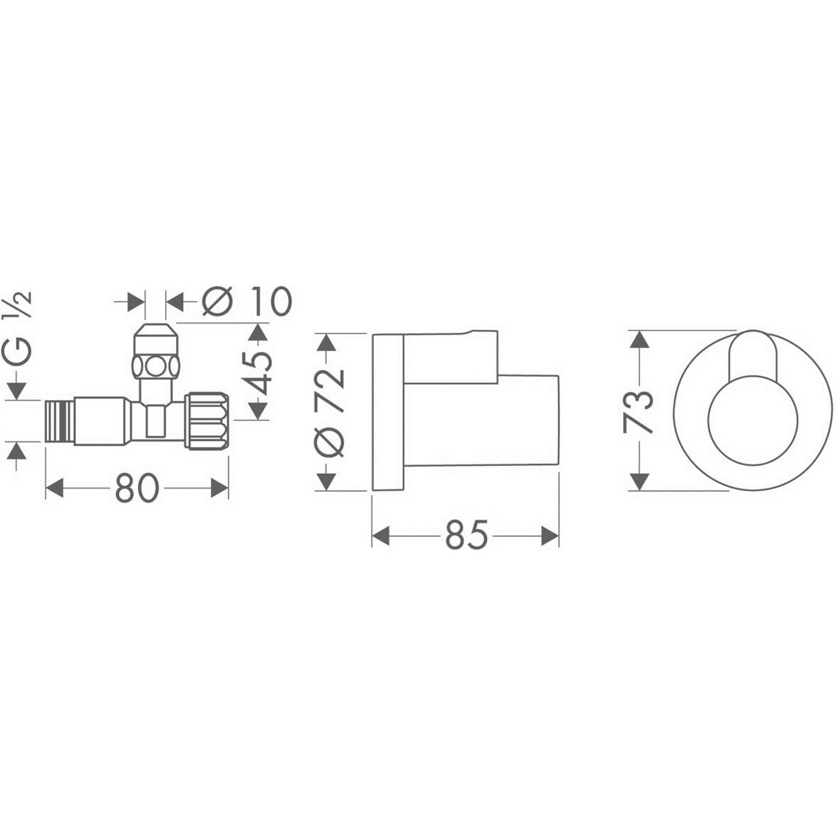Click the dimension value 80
pyautogui.click(x=137, y=489)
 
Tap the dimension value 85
pyautogui.click(x=467, y=535)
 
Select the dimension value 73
pyautogui.click(x=639, y=411)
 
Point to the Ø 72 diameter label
pyautogui.click(x=330, y=411)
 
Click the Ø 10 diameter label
pyautogui.click(x=247, y=301)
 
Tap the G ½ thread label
pyautogui.click(x=20, y=329)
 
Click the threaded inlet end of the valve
pyautogui.click(x=59, y=421)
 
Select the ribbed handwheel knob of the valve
pyautogui.click(x=207, y=421)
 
